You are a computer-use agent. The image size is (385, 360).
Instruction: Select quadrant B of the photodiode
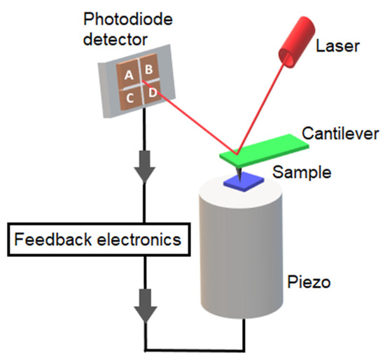point(150,70)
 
